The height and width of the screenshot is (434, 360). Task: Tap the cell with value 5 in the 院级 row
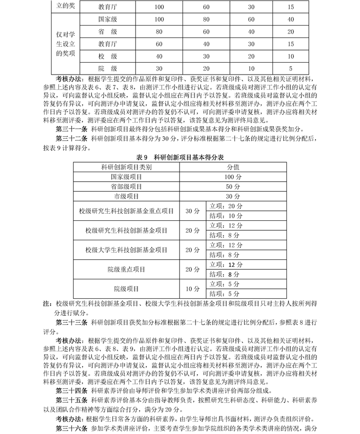pyautogui.click(x=291, y=69)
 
